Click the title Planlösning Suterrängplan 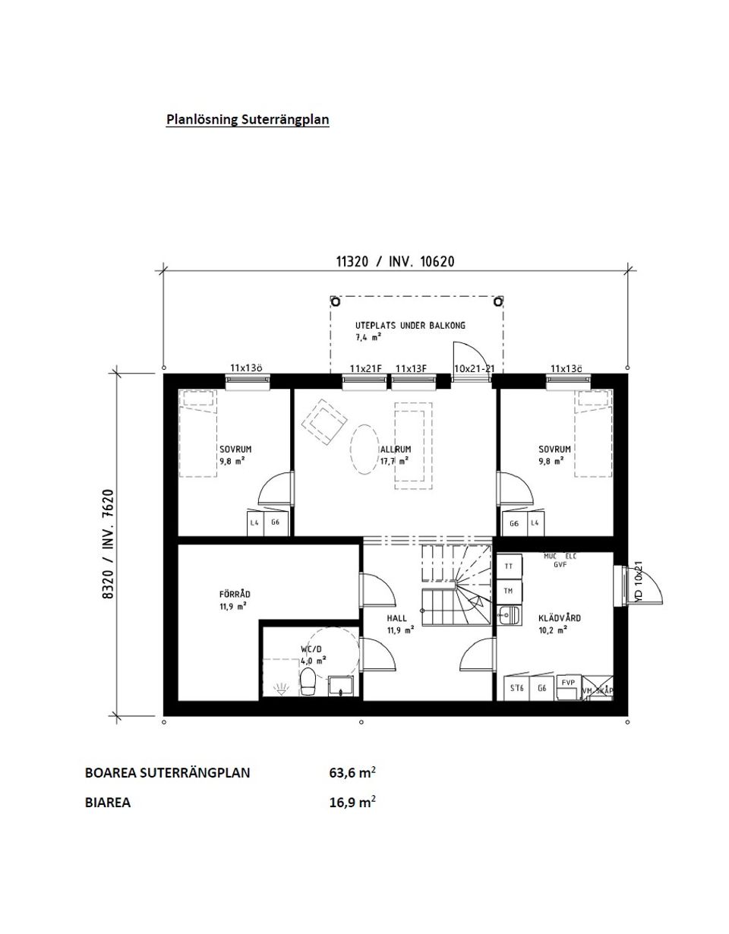point(248,119)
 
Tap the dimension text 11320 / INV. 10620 point(395,262)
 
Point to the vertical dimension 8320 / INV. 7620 point(108,544)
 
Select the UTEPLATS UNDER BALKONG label point(410,326)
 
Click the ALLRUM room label point(396,450)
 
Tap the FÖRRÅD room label point(235,595)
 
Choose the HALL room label point(397,619)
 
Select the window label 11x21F point(365,369)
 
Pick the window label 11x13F point(411,369)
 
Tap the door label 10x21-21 point(474,369)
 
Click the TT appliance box point(507,566)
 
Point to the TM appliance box point(507,591)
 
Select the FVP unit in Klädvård point(568,683)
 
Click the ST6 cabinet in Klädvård point(517,689)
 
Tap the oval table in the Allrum point(365,450)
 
